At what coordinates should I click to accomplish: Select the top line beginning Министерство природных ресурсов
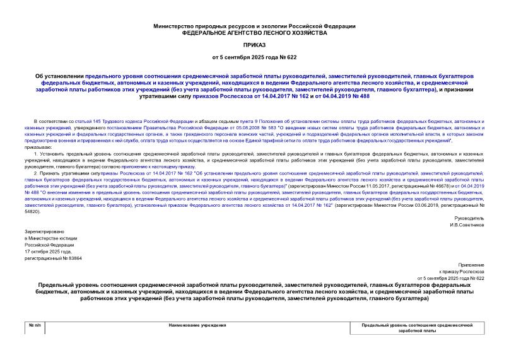click(254, 26)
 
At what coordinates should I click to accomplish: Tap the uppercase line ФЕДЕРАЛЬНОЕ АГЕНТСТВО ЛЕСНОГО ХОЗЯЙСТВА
click(254, 32)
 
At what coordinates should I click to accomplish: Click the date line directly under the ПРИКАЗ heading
click(254, 58)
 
